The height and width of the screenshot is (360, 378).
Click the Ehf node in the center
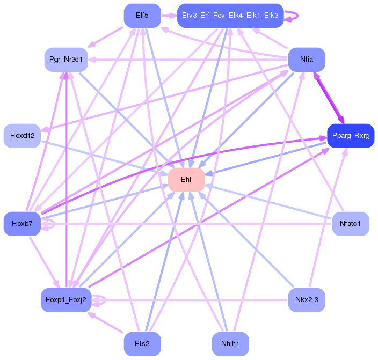pos(186,180)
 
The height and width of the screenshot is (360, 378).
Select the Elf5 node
pos(142,16)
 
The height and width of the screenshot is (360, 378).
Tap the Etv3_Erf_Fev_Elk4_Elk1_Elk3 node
pos(230,16)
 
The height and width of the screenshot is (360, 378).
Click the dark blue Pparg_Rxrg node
pos(350,136)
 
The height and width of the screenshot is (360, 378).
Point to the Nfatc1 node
pos(350,223)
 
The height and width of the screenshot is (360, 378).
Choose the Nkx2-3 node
pos(307,300)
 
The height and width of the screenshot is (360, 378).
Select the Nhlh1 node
pos(230,343)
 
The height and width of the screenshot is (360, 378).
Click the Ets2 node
pos(142,343)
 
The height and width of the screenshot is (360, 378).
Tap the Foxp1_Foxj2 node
pos(66,300)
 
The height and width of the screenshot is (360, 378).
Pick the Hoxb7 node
pos(22,223)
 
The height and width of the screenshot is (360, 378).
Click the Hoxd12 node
pos(22,136)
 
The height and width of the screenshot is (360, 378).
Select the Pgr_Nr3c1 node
pos(66,59)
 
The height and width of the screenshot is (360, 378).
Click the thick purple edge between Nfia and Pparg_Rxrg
pos(329,97)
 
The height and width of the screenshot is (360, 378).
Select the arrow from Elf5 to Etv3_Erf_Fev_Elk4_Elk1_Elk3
pos(169,16)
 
